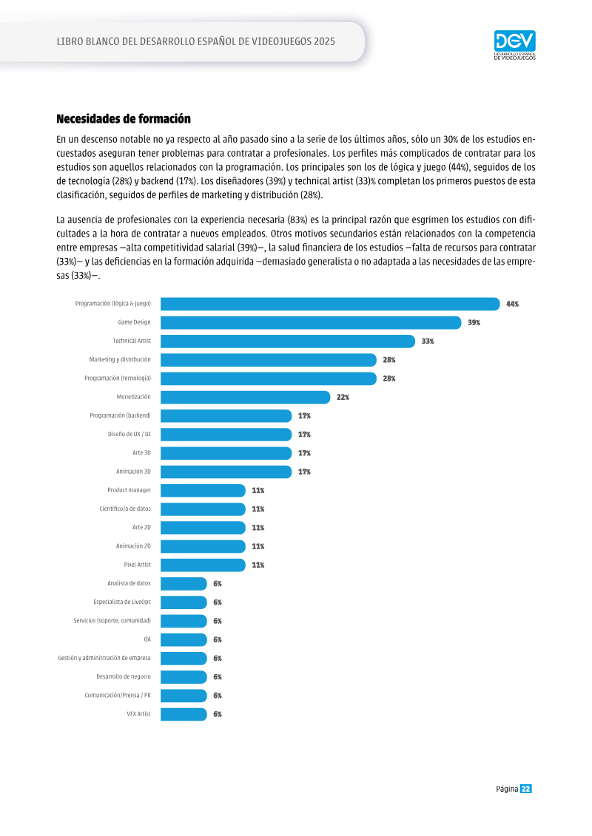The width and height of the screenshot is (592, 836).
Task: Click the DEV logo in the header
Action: pos(514,45)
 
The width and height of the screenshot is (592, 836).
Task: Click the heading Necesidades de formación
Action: pos(124,118)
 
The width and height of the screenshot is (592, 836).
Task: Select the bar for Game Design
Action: pos(311,322)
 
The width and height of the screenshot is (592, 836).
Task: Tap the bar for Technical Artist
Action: pos(288,341)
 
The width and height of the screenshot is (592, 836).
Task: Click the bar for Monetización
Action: pos(246,397)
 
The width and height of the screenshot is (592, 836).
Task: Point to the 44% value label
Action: pos(513,304)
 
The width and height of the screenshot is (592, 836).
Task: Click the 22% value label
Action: pos(343,397)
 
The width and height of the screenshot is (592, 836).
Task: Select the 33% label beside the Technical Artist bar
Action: pos(428,341)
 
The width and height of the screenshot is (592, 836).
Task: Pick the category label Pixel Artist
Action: pos(137,565)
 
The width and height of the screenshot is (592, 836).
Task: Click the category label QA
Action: pos(147,639)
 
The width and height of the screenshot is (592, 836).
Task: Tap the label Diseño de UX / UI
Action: pos(129,434)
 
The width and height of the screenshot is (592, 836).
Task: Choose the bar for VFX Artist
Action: pos(184,715)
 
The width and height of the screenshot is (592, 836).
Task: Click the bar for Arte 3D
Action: pos(226,453)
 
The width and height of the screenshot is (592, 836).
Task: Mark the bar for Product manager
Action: pos(203,491)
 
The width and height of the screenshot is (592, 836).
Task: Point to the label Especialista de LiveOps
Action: pos(122,602)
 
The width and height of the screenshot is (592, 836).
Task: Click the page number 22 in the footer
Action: pos(526,789)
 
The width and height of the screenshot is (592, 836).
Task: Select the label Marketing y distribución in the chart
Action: pos(120,359)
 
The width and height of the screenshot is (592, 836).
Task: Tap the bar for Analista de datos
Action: pos(184,584)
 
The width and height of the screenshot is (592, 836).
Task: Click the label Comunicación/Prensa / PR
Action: pos(118,696)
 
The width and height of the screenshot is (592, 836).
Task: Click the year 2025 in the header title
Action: pos(325,41)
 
